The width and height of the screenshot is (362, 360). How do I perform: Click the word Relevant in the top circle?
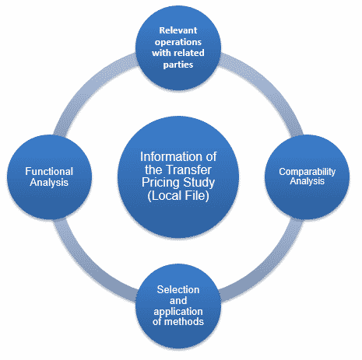[x=178, y=30]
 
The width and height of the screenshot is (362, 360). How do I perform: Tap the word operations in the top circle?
[x=178, y=42]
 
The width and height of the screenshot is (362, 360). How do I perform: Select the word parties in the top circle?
[x=178, y=65]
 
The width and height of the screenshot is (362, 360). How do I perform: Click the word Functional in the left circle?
[x=49, y=171]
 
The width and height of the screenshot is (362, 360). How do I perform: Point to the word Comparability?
[x=308, y=172]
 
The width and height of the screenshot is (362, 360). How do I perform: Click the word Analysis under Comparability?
[x=308, y=181]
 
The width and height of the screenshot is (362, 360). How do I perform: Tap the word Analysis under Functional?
[x=49, y=183]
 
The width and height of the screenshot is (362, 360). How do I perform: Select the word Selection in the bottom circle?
[x=178, y=289]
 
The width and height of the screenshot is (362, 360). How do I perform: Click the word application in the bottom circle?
[x=178, y=312]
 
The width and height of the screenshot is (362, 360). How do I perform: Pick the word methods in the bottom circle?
[x=184, y=322]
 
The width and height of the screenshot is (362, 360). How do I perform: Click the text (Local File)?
[x=178, y=195]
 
